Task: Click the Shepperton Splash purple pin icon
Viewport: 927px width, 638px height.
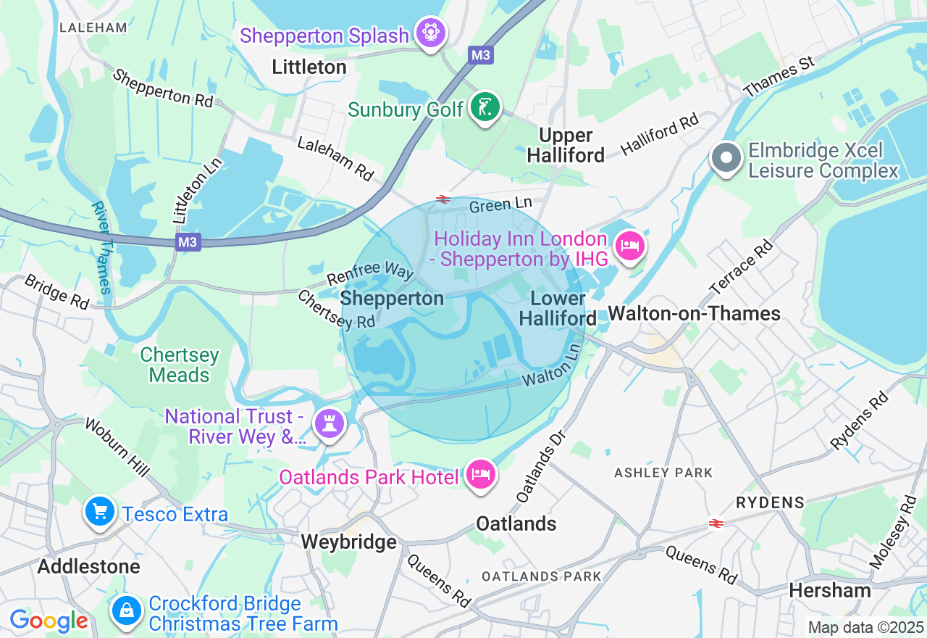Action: click(431, 33)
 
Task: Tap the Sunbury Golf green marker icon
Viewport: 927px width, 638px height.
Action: click(485, 108)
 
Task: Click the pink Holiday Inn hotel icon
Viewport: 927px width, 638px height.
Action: click(629, 246)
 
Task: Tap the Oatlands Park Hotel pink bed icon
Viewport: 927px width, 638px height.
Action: click(480, 475)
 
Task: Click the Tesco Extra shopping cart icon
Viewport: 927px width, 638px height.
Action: click(100, 513)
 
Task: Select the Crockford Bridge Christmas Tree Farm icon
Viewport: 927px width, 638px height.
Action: click(127, 610)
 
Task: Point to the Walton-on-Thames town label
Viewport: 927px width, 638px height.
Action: click(694, 313)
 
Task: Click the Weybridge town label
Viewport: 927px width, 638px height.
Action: click(348, 542)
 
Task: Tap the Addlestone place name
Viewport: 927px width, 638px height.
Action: click(88, 565)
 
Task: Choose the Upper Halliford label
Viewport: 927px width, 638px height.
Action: click(565, 145)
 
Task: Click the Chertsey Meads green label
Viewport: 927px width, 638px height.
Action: click(179, 365)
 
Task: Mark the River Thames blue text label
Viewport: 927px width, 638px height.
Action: click(102, 247)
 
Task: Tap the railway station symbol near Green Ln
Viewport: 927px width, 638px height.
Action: click(442, 199)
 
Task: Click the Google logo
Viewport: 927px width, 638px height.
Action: click(49, 621)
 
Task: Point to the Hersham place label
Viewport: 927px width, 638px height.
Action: click(830, 590)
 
